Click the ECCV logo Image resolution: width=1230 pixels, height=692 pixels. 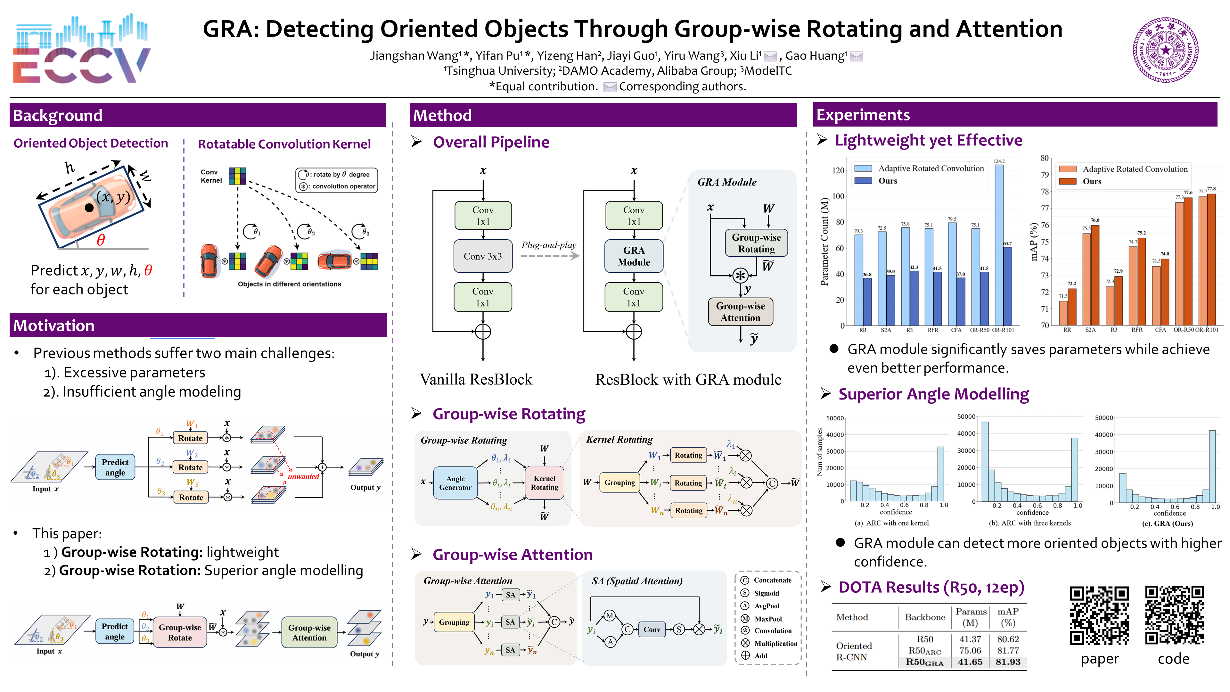click(x=80, y=50)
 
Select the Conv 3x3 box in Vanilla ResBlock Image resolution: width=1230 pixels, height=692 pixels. click(x=483, y=256)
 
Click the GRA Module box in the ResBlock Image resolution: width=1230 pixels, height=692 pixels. click(x=634, y=256)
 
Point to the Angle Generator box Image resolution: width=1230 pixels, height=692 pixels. click(x=455, y=483)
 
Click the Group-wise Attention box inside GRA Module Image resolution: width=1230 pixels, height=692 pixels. click(x=740, y=312)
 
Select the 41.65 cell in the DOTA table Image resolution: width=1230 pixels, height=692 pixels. click(x=970, y=662)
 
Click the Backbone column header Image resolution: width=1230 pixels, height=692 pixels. click(x=925, y=617)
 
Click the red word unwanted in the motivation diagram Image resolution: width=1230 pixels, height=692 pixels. click(x=303, y=477)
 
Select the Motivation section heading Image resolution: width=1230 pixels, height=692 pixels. click(x=54, y=326)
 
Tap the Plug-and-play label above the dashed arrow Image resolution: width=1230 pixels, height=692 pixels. click(x=549, y=245)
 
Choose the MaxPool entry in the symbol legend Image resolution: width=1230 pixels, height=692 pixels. click(x=768, y=618)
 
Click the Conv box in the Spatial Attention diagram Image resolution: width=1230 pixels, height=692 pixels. click(x=651, y=630)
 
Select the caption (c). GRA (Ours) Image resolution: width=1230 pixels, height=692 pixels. click(x=1167, y=523)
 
